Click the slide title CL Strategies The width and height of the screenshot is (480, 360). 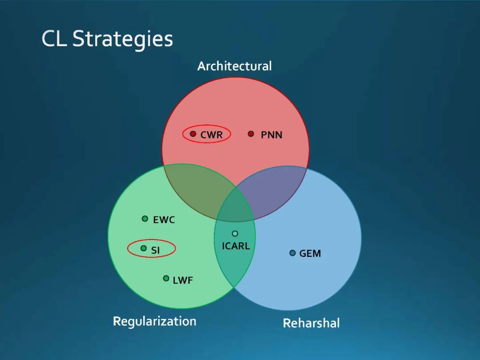107,39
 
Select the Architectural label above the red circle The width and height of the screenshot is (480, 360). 234,66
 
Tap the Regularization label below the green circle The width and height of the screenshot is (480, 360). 154,321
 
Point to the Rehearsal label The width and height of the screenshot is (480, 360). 311,323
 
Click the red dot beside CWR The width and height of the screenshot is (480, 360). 193,133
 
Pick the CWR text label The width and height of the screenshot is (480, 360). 212,135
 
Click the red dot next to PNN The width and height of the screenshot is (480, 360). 251,133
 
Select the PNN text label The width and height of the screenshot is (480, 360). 272,135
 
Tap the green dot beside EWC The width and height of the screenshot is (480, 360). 145,219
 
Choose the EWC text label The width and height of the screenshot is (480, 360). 164,220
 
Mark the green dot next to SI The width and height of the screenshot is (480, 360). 144,248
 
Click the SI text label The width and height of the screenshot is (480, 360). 156,251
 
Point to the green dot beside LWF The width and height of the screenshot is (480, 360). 166,278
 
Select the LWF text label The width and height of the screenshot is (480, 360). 183,280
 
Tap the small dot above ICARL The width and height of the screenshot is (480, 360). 235,233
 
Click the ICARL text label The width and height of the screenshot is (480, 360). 236,246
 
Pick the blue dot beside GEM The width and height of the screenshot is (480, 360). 292,253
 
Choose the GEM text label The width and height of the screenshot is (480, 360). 310,254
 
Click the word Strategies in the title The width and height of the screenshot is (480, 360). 123,39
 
